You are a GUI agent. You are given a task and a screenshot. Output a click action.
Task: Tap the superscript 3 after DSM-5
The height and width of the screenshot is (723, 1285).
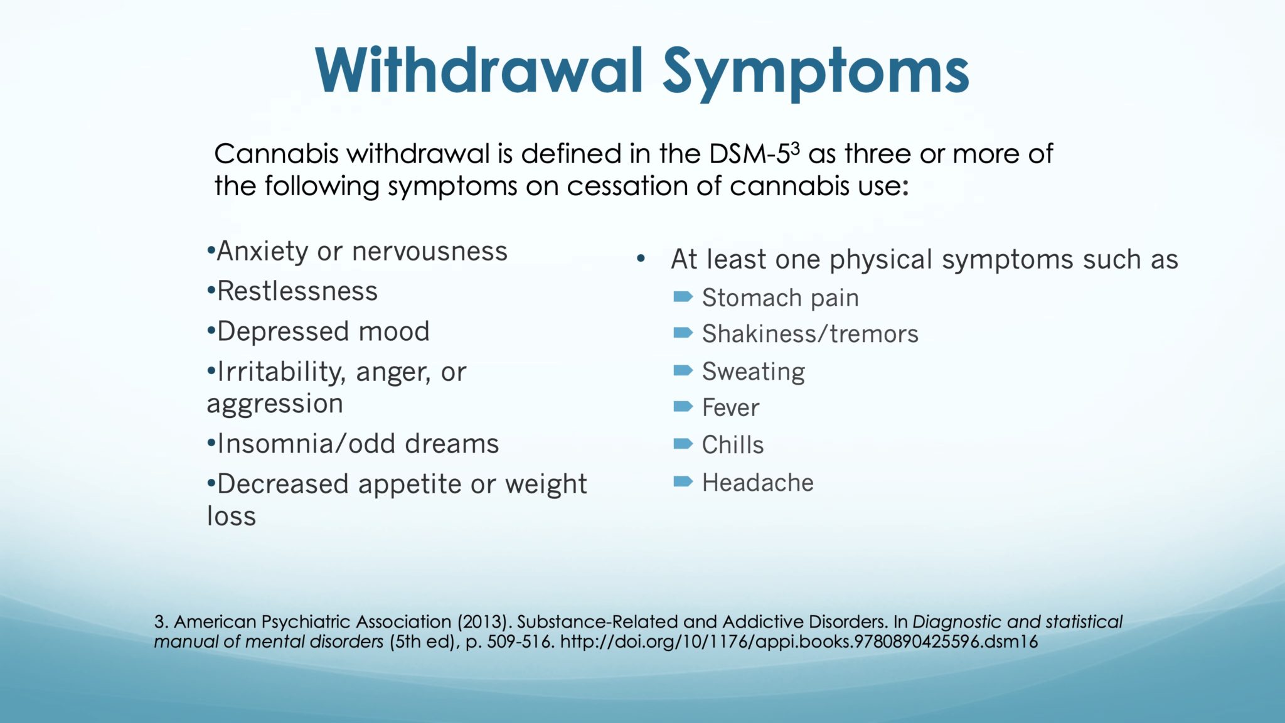click(x=796, y=148)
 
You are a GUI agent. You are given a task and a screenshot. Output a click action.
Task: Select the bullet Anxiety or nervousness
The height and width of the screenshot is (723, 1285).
click(x=357, y=252)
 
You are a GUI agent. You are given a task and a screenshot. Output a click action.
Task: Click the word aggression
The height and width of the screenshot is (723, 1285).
click(x=275, y=404)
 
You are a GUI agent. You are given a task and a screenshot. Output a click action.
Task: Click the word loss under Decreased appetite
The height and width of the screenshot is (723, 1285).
click(x=232, y=517)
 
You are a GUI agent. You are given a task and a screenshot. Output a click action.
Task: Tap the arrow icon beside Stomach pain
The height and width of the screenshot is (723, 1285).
click(x=683, y=296)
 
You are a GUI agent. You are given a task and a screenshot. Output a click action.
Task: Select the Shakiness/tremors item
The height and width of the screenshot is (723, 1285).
click(x=809, y=334)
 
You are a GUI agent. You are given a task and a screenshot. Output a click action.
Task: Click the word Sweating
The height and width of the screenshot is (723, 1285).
click(x=753, y=372)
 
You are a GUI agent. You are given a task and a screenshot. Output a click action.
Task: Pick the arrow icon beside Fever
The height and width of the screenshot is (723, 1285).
click(x=683, y=407)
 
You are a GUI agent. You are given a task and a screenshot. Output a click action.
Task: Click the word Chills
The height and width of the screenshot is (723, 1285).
click(x=732, y=445)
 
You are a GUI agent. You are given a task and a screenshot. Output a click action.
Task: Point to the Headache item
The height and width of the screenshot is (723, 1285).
click(x=757, y=483)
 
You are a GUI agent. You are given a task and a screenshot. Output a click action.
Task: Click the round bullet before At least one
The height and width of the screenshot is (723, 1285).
click(x=641, y=259)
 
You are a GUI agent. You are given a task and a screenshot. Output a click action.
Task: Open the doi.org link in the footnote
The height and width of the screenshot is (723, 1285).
click(x=798, y=642)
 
